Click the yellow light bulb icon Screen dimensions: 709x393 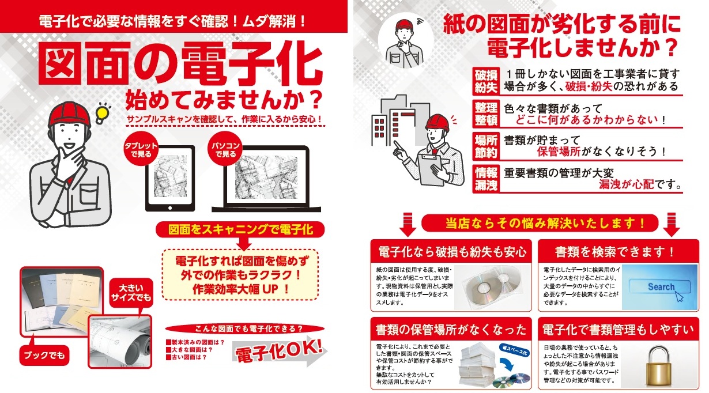coord(102,114)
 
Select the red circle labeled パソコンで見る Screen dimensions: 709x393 coord(225,149)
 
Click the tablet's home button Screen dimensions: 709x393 coord(170,208)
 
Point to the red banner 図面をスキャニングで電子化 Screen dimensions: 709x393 coord(240,229)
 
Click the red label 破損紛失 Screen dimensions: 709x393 coord(486,81)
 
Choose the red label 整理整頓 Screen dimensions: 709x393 coord(486,114)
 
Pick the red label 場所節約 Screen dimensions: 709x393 coord(486,146)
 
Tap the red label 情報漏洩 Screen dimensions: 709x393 coord(486,179)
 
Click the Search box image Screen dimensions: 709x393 coord(659,287)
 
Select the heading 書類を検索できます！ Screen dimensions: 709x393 coord(615,252)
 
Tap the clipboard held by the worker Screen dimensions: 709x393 coord(433,169)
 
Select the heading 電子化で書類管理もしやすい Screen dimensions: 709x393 coord(618,330)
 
